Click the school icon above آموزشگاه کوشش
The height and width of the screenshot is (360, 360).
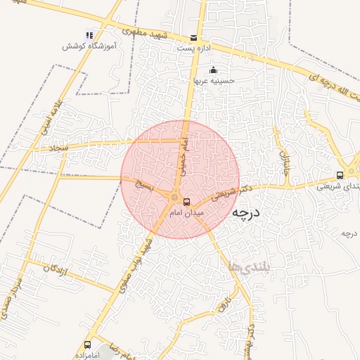[x=89, y=34]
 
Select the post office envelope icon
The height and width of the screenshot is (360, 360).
[x=194, y=38]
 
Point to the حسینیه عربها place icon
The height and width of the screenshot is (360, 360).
[x=214, y=70]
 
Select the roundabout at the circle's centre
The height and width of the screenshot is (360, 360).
[x=174, y=197]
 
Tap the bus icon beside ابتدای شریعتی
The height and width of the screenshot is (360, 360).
[x=340, y=175]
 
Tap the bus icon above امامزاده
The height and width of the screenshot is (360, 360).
[x=88, y=345]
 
